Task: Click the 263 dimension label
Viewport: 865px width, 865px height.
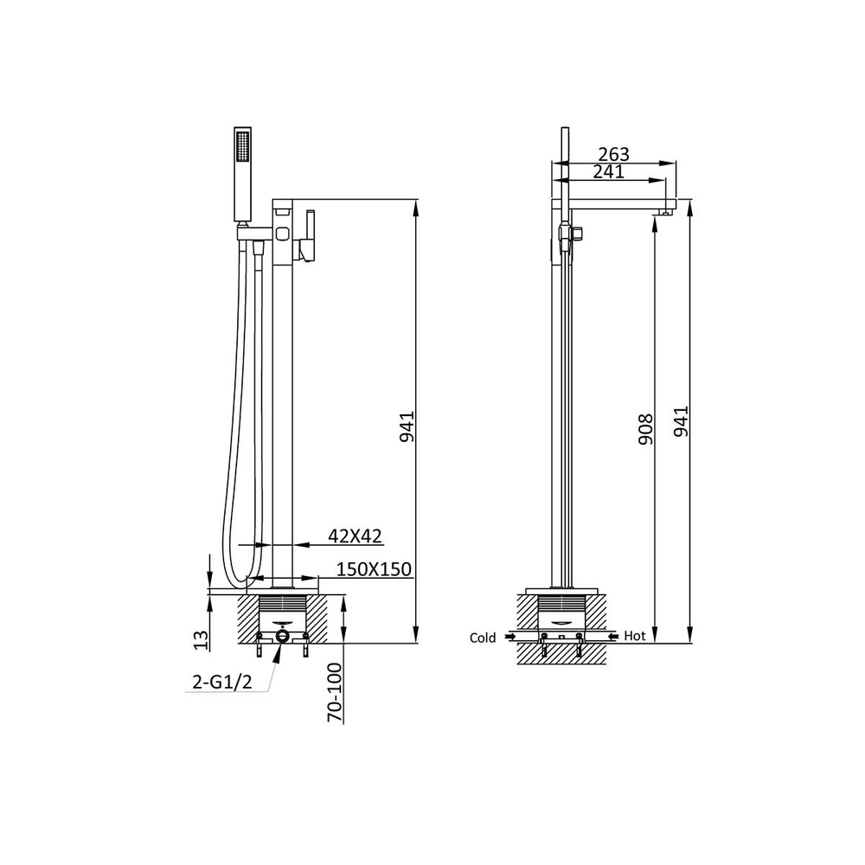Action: point(613,155)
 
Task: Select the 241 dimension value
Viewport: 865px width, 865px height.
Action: point(608,171)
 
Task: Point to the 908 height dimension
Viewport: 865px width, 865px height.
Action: point(645,430)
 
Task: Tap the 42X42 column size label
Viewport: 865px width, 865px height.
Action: point(355,535)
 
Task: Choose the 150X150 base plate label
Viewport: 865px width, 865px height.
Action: point(374,569)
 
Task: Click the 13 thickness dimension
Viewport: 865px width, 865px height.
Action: point(202,640)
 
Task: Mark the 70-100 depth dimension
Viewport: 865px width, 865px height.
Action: point(334,693)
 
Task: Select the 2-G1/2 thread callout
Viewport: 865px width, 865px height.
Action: point(222,682)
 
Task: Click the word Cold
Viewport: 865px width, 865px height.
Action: point(483,638)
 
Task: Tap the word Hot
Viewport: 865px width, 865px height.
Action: point(634,636)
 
